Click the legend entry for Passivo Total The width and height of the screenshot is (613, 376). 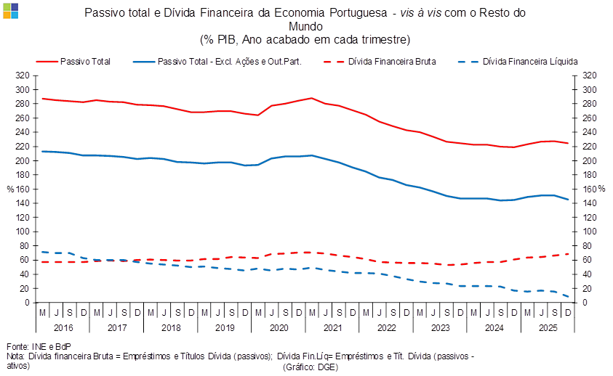click(86, 62)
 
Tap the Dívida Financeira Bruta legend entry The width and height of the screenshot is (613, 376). click(392, 62)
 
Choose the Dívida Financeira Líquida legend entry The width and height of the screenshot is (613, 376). click(530, 62)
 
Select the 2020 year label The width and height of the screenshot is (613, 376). click(278, 328)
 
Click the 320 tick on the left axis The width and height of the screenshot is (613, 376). click(23, 75)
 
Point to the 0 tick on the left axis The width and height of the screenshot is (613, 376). click(27, 303)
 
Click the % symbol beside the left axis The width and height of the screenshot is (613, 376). click(10, 189)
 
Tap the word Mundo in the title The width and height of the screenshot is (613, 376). click(305, 25)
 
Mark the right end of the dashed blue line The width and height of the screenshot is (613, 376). click(569, 296)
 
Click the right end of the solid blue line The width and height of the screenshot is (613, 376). click(569, 200)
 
